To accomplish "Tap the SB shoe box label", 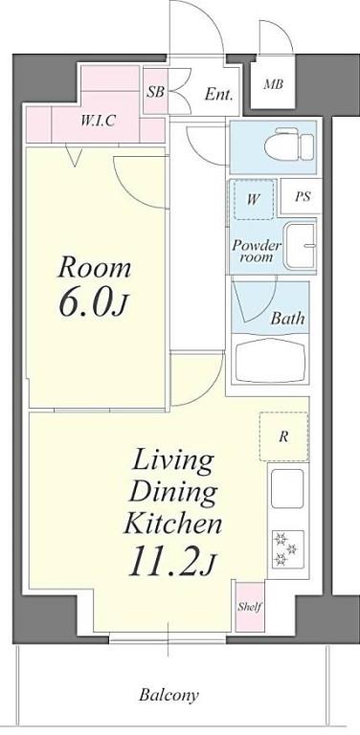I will point(154,93).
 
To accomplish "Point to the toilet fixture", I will point(288,146).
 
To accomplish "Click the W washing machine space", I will point(253,199).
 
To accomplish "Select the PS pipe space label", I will point(302,198).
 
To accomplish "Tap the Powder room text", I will point(256,252).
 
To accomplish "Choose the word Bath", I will point(286,319).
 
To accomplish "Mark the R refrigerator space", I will point(283,437).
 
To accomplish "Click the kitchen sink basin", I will point(286,490).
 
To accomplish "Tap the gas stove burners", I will point(285,549).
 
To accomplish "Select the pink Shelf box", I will point(250,607).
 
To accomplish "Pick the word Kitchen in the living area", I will point(172,523).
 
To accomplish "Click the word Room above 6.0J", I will point(93,266).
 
